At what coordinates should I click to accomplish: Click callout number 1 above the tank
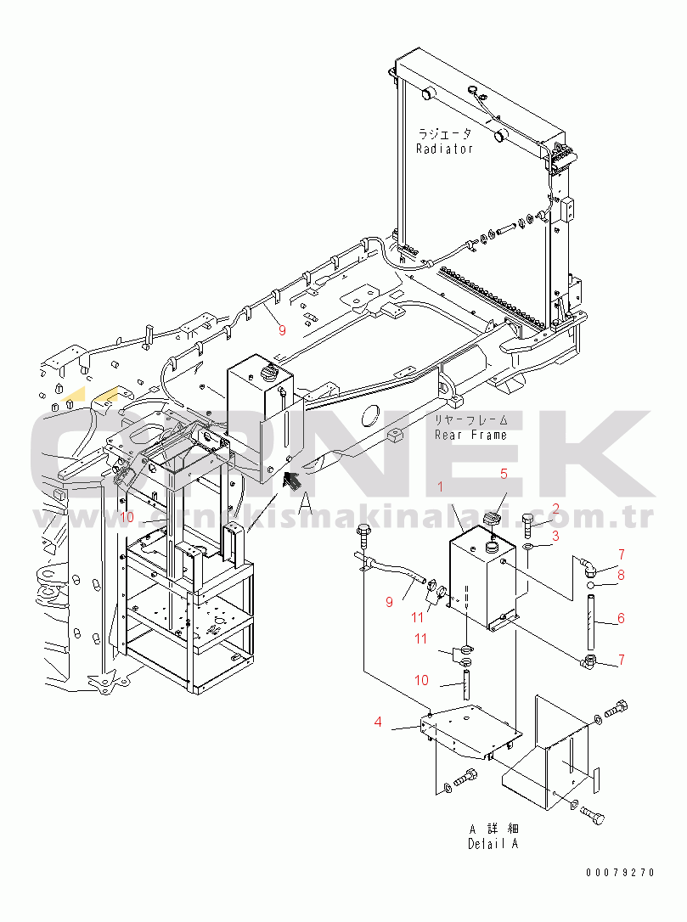point(440,486)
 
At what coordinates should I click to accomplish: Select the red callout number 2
point(556,509)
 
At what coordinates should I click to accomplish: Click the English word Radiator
point(444,149)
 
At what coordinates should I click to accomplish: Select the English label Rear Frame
point(470,435)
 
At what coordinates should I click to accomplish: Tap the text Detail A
point(493,844)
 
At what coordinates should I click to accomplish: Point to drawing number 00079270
point(620,873)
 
